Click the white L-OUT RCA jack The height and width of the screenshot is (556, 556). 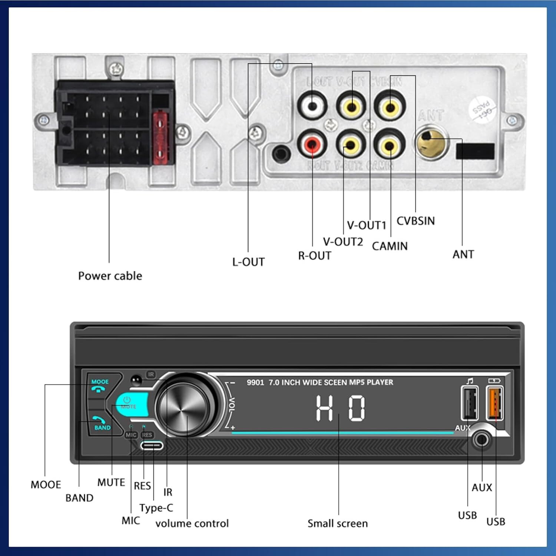pyautogui.click(x=312, y=106)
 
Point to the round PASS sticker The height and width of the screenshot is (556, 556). pyautogui.click(x=482, y=110)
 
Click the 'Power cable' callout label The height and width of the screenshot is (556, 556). pyautogui.click(x=110, y=276)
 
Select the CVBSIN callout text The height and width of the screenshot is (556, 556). pyautogui.click(x=416, y=221)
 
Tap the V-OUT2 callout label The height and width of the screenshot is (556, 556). pyautogui.click(x=343, y=242)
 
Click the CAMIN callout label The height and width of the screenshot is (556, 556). pyautogui.click(x=390, y=246)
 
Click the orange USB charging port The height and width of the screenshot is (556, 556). pyautogui.click(x=495, y=403)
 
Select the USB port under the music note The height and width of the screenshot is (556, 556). pyautogui.click(x=470, y=403)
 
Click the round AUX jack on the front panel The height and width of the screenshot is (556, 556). pyautogui.click(x=481, y=440)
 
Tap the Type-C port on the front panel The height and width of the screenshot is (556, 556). pyautogui.click(x=152, y=445)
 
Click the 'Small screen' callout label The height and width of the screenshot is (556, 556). pyautogui.click(x=338, y=523)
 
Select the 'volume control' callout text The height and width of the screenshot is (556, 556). pyautogui.click(x=192, y=523)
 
